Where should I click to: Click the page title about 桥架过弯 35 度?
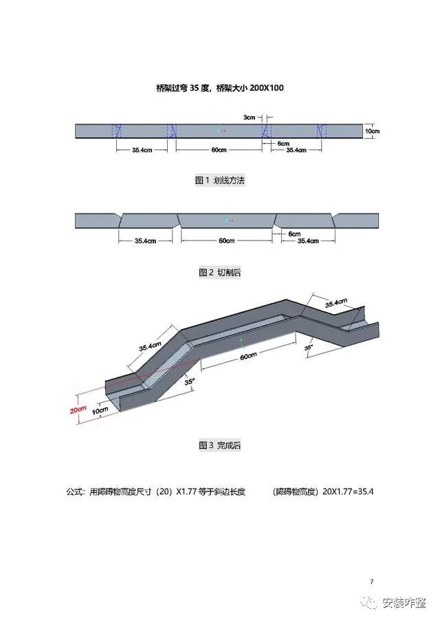click(220, 87)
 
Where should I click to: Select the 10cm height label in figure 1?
click(371, 131)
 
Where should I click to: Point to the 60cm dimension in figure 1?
click(219, 149)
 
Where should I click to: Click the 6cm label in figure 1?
click(283, 143)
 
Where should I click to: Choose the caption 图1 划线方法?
click(220, 180)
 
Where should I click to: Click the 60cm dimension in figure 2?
click(226, 241)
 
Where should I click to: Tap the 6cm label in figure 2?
click(294, 234)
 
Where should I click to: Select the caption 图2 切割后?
click(220, 273)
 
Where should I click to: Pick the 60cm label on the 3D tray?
click(248, 355)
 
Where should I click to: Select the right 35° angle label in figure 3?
click(309, 348)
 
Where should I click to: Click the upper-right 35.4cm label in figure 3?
click(336, 303)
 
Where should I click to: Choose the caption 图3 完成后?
click(220, 445)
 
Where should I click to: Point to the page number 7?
click(372, 582)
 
